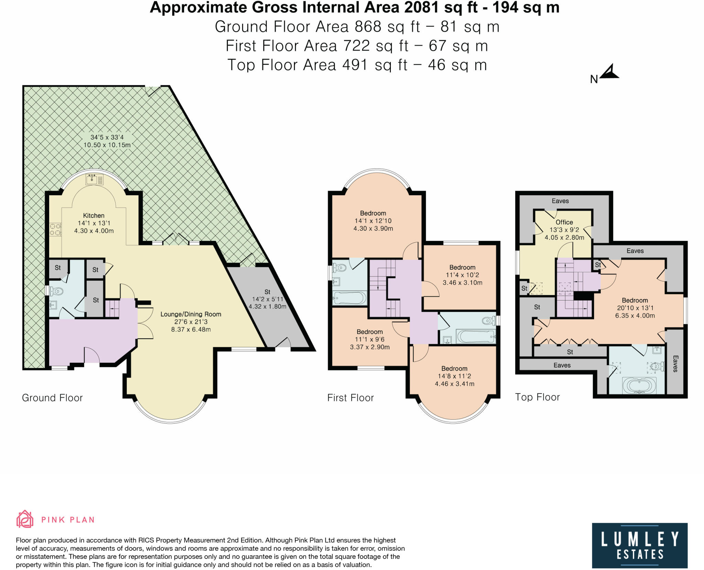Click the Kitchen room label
tap(94, 215)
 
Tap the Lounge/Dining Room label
tap(191, 314)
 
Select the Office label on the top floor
tap(564, 222)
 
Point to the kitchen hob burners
tap(55, 230)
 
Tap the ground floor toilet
tap(56, 292)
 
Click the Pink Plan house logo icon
tap(25, 519)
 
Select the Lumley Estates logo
tap(640, 546)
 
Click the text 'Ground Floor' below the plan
tap(52, 398)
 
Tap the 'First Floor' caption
tap(350, 398)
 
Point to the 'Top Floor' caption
tap(537, 397)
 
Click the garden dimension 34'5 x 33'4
tap(107, 137)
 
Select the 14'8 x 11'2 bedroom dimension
tap(454, 376)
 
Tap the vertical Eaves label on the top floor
tap(675, 364)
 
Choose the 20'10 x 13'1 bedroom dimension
tap(635, 308)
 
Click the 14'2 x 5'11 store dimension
tap(267, 299)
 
